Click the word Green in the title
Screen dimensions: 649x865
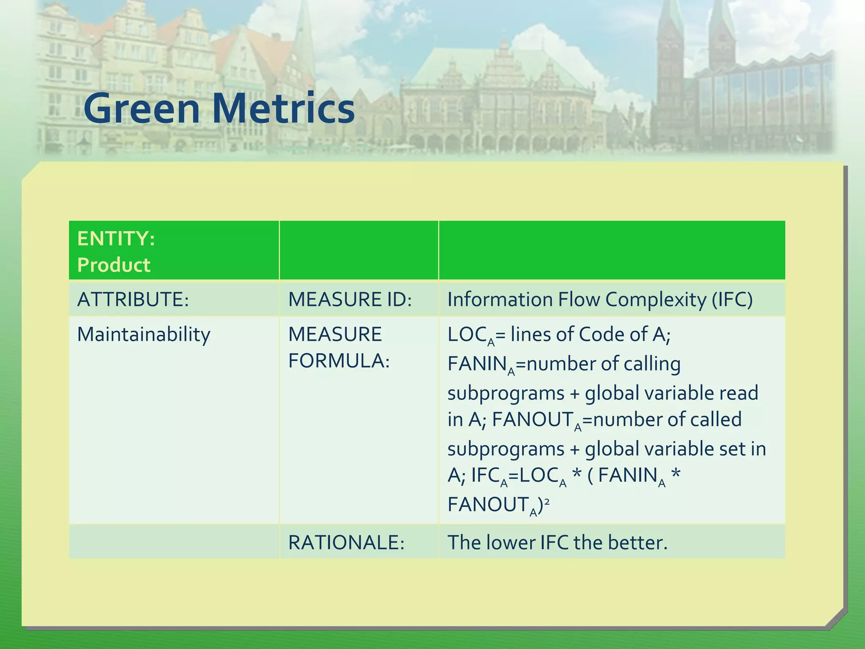coord(141,109)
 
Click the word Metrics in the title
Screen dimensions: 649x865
coord(283,109)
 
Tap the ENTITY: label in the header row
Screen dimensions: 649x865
coord(116,239)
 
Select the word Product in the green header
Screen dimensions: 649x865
coord(114,265)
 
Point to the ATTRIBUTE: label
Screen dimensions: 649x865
coord(133,300)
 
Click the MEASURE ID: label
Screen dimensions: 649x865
coord(350,300)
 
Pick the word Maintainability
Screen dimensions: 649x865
coord(144,335)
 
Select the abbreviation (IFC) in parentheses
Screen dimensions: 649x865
coord(732,300)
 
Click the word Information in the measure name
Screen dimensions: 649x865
coord(500,300)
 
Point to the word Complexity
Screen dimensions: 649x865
coord(656,300)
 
